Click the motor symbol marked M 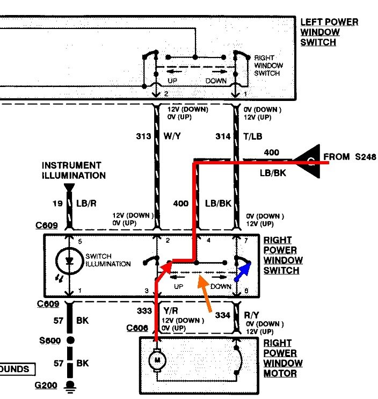click(x=158, y=358)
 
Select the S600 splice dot click(x=69, y=341)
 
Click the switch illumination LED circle click(x=69, y=262)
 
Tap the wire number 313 click(x=143, y=136)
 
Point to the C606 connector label click(x=137, y=328)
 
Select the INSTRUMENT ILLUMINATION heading click(x=71, y=170)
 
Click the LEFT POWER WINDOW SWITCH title click(x=329, y=32)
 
